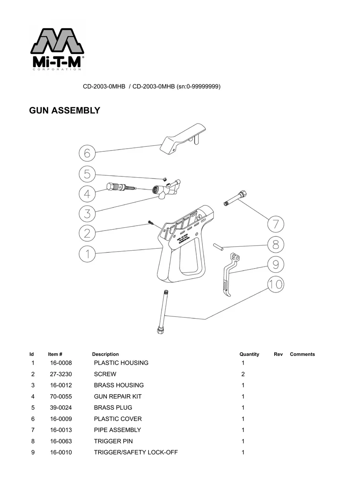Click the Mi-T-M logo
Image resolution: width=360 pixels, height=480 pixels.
[x=57, y=50]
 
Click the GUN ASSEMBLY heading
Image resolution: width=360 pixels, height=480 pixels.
[x=64, y=110]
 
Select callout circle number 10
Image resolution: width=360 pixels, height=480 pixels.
[x=275, y=284]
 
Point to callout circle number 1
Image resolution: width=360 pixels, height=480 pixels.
[x=87, y=254]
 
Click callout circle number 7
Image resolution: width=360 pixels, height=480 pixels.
[x=275, y=224]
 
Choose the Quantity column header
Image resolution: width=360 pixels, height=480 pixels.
[x=249, y=354]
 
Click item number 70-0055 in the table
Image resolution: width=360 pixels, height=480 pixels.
[x=61, y=397]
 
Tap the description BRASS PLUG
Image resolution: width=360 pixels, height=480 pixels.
[x=113, y=408]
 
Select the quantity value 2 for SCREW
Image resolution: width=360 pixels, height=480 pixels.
[x=243, y=374]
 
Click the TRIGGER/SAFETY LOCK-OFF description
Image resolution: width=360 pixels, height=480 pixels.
[x=135, y=453]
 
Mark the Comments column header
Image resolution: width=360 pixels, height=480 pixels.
[x=302, y=354]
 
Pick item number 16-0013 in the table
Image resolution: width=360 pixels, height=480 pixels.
[x=61, y=430]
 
